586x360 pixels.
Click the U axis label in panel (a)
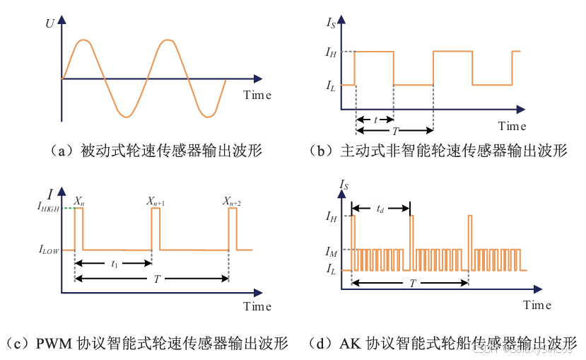tap(50, 23)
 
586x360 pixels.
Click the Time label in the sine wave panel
tap(257, 95)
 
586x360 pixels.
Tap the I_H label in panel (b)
tap(331, 52)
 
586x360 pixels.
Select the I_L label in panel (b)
tap(330, 86)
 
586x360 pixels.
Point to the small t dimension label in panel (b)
tap(375, 120)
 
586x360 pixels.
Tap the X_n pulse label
tap(80, 202)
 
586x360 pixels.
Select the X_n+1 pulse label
tap(156, 202)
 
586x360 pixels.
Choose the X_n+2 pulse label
tap(233, 202)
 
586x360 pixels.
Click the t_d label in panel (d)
tap(380, 209)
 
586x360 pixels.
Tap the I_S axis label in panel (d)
tap(344, 185)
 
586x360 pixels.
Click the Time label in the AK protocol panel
tap(537, 305)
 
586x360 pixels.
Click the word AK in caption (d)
tap(349, 344)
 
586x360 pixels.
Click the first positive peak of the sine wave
tap(83, 41)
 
